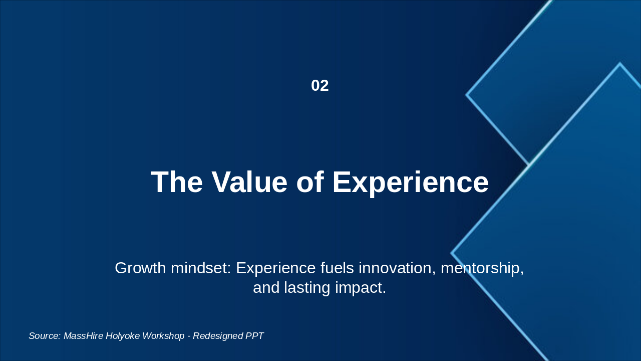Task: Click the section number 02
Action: [x=319, y=86]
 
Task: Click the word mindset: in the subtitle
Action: [x=201, y=268]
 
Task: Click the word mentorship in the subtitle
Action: [x=482, y=268]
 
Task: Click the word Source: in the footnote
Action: [x=45, y=336]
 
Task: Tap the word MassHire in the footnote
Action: [x=83, y=336]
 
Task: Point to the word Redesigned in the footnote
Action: [x=217, y=336]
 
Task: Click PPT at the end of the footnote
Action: [x=254, y=336]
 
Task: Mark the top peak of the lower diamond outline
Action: [x=619, y=64]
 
